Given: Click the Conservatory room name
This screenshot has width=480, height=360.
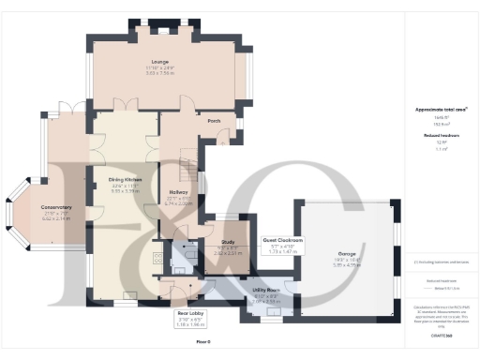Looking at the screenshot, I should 56,207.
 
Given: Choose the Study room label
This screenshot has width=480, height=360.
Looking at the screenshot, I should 227,242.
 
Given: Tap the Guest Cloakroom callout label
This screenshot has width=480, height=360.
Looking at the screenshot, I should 282,241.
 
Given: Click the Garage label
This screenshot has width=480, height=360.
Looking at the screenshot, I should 349,254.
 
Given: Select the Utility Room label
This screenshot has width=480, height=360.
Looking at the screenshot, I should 267,291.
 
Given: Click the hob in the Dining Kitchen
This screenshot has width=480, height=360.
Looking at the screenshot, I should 156,254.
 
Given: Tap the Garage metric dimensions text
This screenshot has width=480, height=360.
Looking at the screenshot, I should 349,265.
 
